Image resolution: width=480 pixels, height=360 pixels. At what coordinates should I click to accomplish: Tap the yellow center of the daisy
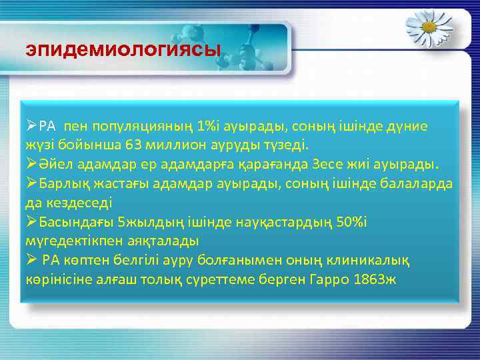[429, 26]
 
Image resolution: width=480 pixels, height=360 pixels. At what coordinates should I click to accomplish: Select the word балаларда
[417, 183]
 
